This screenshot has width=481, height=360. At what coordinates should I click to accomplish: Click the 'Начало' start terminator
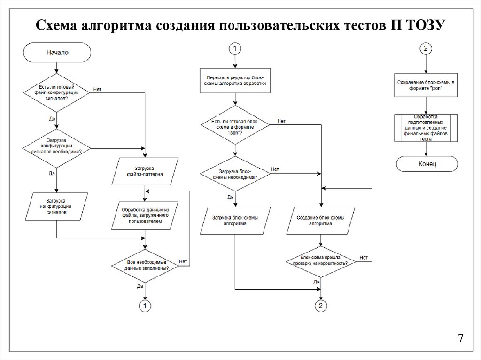[57, 53]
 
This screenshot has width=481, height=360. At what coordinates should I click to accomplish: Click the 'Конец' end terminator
[427, 164]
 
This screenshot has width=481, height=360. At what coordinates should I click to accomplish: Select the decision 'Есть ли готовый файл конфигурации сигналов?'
[57, 93]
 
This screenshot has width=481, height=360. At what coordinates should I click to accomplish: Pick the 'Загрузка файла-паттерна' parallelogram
[145, 172]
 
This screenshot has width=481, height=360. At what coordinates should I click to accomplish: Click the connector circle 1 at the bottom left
[145, 306]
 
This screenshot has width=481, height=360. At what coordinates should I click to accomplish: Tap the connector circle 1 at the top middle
[235, 48]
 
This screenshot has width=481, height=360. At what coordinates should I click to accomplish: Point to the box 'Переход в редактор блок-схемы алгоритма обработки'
[235, 80]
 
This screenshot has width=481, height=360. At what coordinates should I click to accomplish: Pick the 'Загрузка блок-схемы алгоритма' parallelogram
[235, 221]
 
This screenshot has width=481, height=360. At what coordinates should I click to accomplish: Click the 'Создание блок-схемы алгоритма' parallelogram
[321, 221]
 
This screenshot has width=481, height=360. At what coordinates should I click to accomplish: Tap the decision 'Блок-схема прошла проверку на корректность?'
[321, 260]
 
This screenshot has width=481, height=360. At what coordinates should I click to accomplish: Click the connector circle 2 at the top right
[426, 48]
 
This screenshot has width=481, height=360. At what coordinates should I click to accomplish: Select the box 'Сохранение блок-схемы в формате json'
[426, 85]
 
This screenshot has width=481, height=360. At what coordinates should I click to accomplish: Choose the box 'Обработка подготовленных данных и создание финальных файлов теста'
[426, 128]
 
